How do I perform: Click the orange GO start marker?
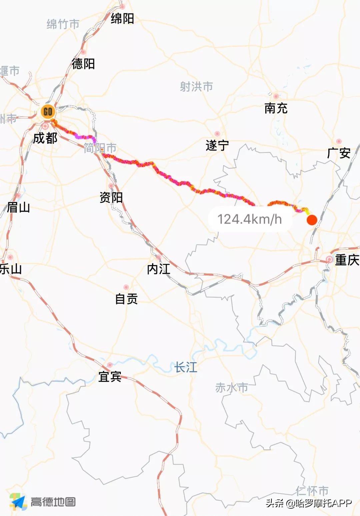click(x=48, y=111)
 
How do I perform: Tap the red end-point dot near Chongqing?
click(x=312, y=220)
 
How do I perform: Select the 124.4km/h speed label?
click(x=250, y=219)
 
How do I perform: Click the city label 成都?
click(x=45, y=138)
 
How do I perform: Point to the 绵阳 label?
click(x=122, y=18)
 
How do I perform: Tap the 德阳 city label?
click(x=83, y=64)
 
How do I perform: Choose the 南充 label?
click(x=276, y=108)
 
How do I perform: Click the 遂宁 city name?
click(x=217, y=145)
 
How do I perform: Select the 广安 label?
click(x=339, y=153)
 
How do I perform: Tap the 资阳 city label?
click(x=111, y=197)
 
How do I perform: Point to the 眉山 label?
click(x=18, y=207)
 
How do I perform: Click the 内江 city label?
click(x=159, y=269)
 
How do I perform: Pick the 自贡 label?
click(x=126, y=299)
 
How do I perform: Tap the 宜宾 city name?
click(x=110, y=377)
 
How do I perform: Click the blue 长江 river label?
click(x=186, y=368)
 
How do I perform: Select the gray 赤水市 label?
click(x=232, y=388)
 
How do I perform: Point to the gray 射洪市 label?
click(x=196, y=87)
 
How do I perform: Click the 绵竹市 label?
click(x=63, y=24)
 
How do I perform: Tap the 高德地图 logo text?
click(x=53, y=502)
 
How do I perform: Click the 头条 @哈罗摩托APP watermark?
click(x=309, y=503)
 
